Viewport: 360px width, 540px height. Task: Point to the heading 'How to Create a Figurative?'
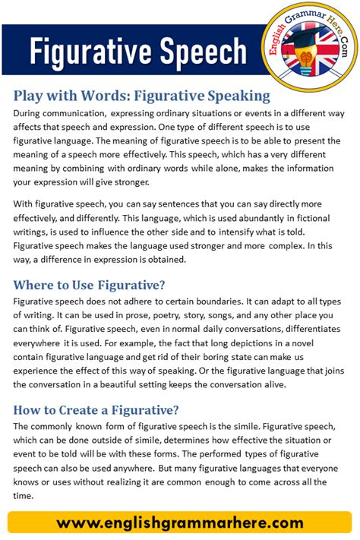96,410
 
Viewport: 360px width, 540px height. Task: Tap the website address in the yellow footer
179,523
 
